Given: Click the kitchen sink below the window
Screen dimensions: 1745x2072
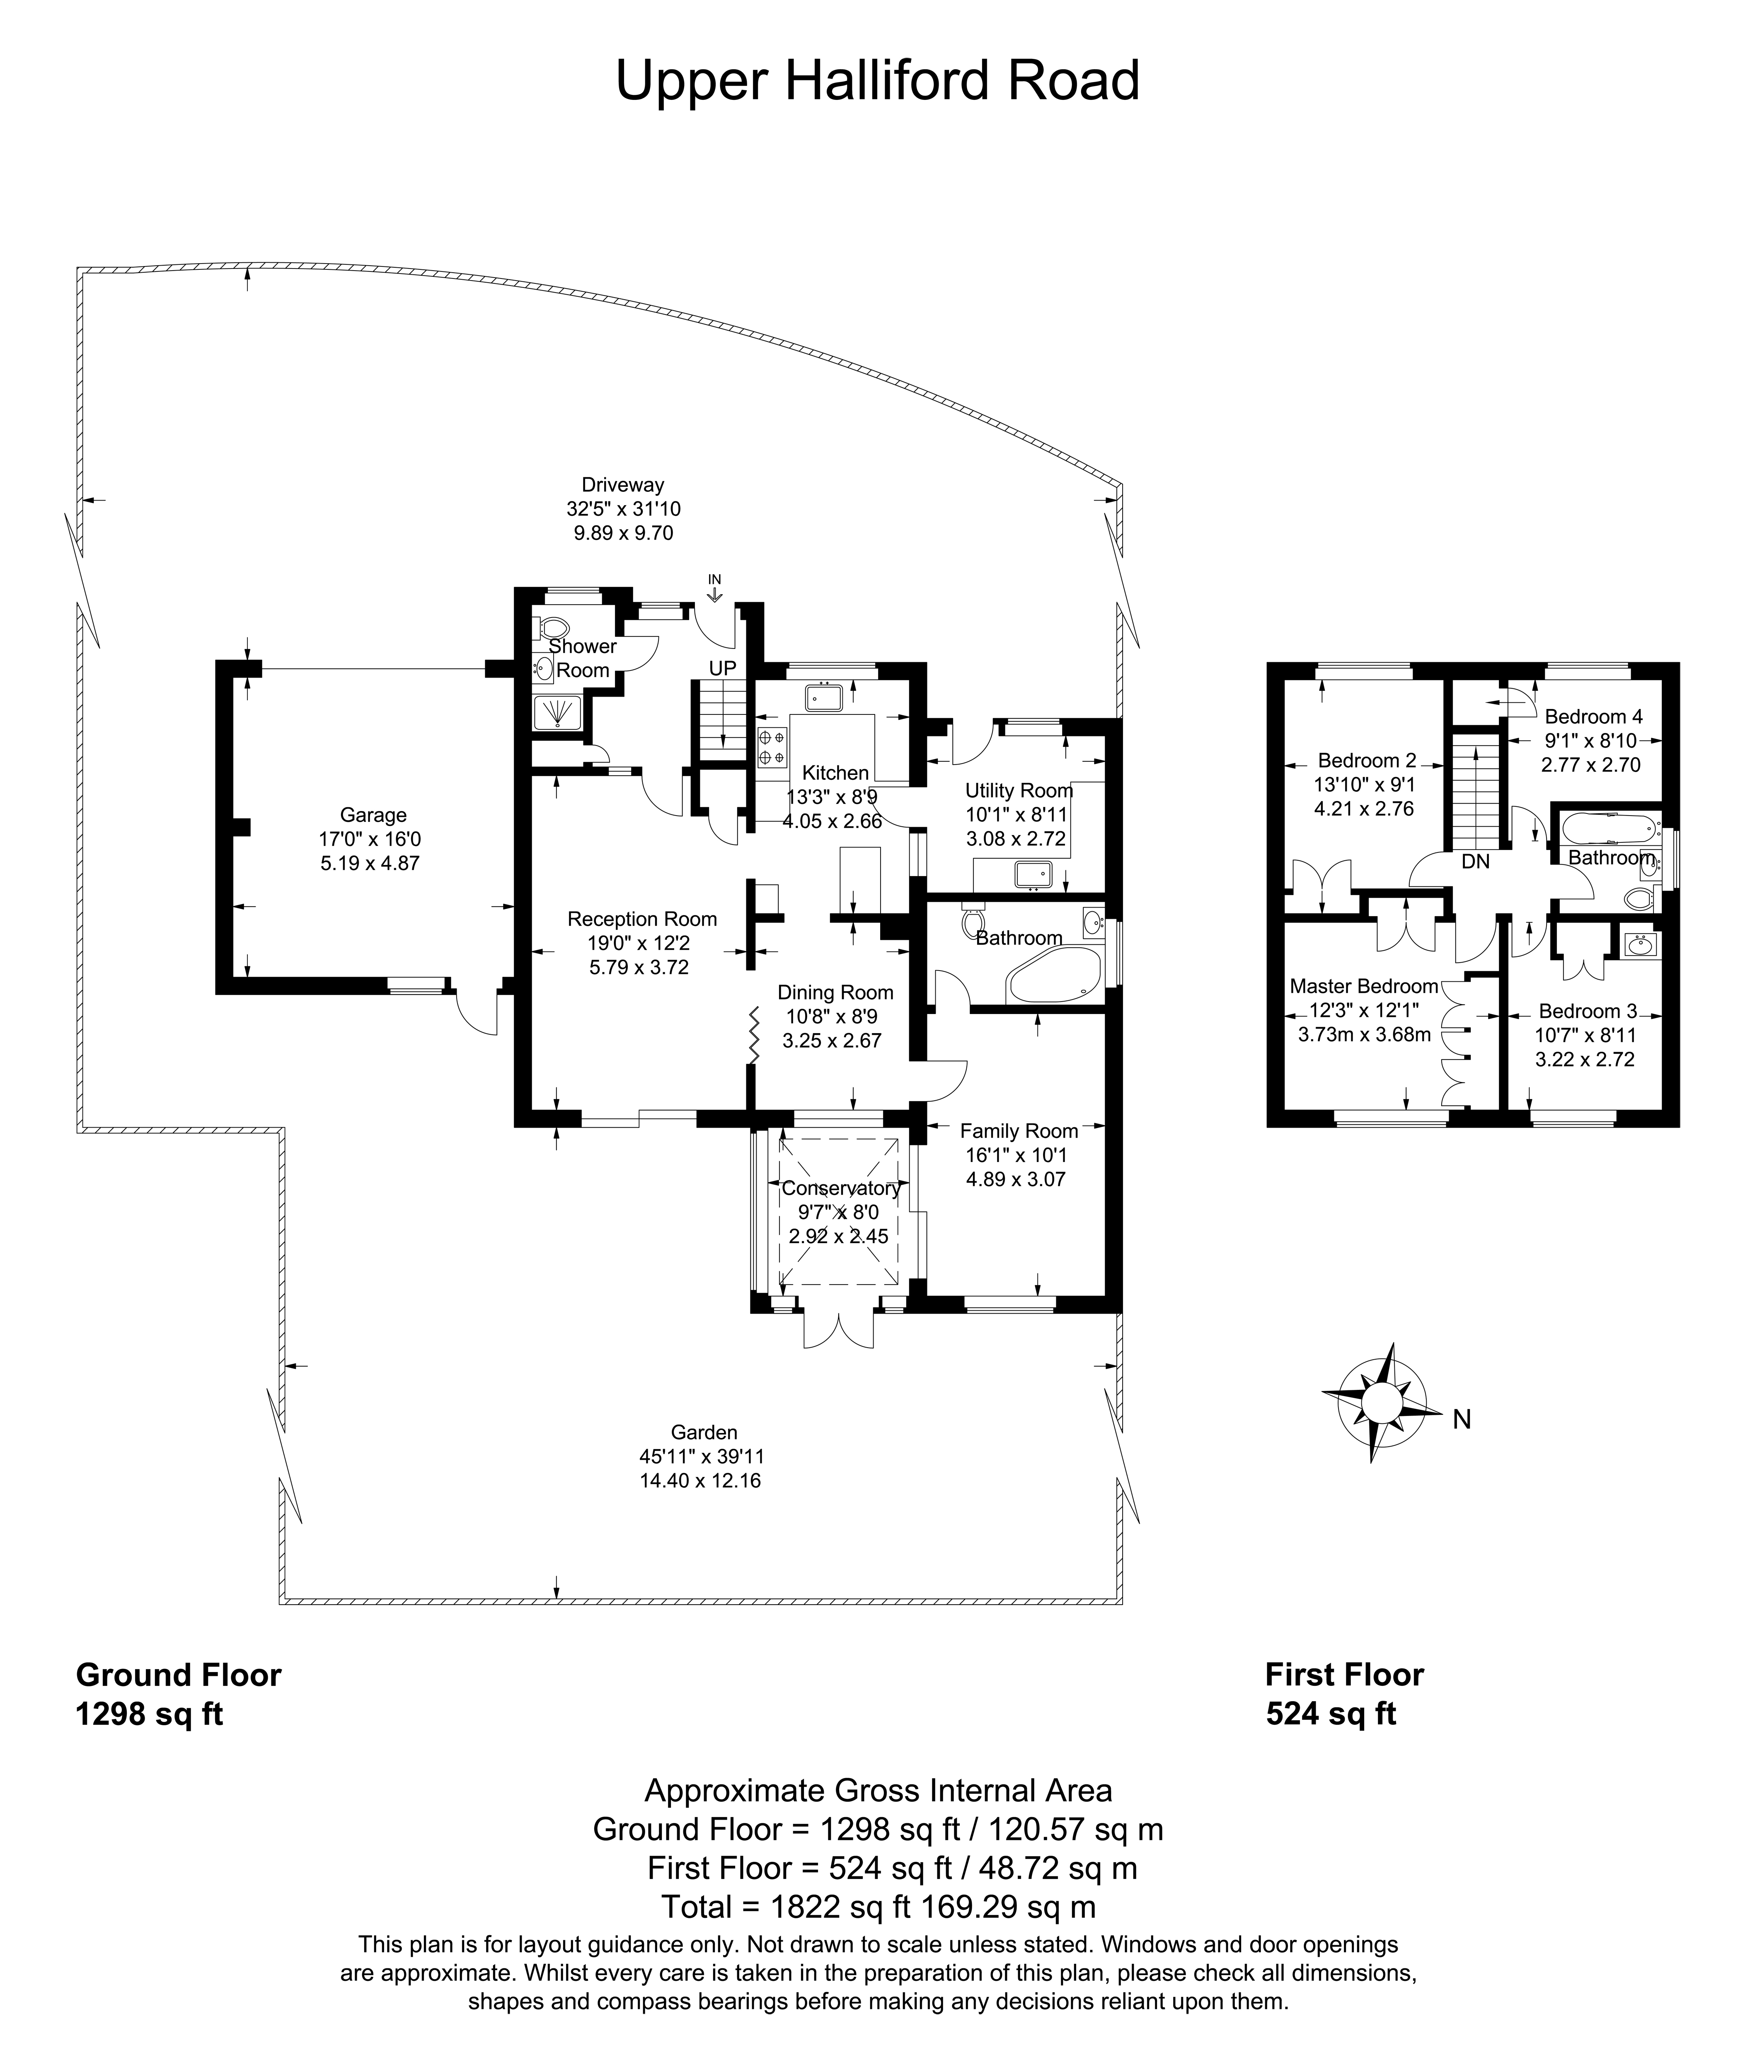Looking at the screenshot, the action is [x=823, y=696].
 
